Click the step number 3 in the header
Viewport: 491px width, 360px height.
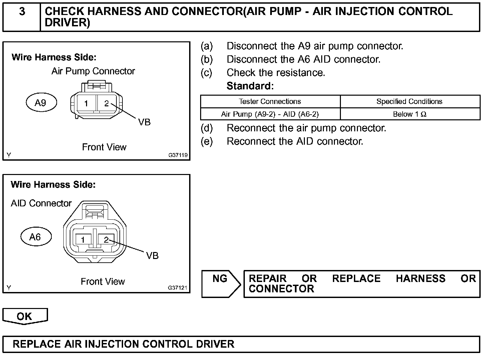(22, 12)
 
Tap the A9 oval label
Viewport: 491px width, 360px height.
(41, 103)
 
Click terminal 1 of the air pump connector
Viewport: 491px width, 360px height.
(86, 103)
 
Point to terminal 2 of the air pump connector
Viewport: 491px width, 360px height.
(106, 103)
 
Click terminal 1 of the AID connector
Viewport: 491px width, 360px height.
(83, 239)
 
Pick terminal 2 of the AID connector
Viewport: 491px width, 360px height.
(106, 239)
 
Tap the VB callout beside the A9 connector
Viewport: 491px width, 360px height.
(144, 122)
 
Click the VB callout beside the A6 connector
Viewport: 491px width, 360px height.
(152, 256)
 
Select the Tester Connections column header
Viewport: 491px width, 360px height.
(270, 102)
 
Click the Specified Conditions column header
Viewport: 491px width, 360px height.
(409, 102)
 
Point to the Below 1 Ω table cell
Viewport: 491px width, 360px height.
(409, 114)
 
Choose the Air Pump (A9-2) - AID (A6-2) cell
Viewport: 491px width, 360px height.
(270, 114)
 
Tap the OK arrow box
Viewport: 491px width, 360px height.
(25, 316)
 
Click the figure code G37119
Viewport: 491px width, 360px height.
(178, 155)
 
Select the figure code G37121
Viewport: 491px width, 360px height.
(178, 288)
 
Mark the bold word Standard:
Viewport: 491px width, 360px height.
(250, 86)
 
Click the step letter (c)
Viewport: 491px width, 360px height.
(206, 73)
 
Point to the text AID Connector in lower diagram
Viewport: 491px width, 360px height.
(41, 203)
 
